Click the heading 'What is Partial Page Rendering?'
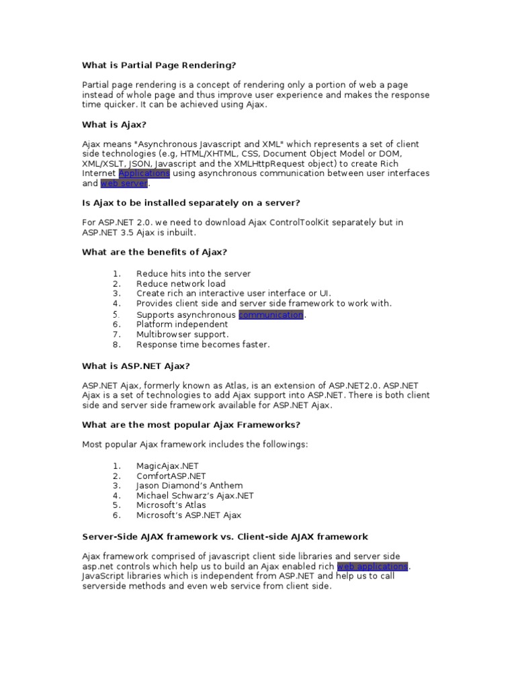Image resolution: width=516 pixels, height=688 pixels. pyautogui.click(x=159, y=65)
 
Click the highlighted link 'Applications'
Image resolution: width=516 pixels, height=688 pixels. pyautogui.click(x=144, y=173)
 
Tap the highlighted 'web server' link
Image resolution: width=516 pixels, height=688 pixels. pyautogui.click(x=124, y=183)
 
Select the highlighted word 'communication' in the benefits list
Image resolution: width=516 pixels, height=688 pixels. pyautogui.click(x=271, y=314)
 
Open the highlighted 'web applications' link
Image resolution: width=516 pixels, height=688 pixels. pyautogui.click(x=372, y=566)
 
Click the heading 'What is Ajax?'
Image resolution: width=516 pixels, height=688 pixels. pyautogui.click(x=114, y=124)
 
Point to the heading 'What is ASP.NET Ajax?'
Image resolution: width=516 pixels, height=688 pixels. pyautogui.click(x=136, y=366)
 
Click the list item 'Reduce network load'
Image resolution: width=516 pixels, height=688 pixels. pyautogui.click(x=181, y=284)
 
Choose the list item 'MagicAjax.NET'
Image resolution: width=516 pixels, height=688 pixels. pyautogui.click(x=167, y=466)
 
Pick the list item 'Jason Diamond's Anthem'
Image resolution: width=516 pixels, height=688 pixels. pyautogui.click(x=189, y=485)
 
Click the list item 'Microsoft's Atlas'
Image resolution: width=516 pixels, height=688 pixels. pyautogui.click(x=171, y=505)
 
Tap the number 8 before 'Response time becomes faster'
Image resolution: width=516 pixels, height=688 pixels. pyautogui.click(x=116, y=345)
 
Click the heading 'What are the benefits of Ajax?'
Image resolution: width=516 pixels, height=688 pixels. pyautogui.click(x=155, y=252)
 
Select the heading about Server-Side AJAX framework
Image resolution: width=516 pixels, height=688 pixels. pyautogui.click(x=224, y=537)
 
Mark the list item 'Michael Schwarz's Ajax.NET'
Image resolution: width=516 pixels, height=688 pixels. pyautogui.click(x=195, y=495)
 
